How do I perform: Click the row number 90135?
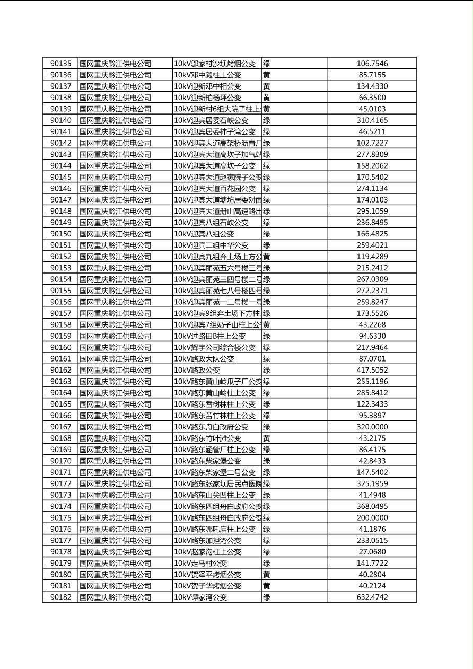tap(60, 64)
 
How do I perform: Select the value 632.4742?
tap(372, 597)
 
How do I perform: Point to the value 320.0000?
tap(372, 427)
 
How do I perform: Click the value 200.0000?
tap(372, 518)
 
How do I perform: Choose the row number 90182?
tap(60, 597)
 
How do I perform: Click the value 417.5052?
tap(372, 371)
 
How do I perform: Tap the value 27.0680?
tap(372, 552)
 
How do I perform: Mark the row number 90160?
tap(60, 348)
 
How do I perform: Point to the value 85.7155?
tap(372, 75)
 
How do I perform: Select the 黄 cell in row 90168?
tap(267, 438)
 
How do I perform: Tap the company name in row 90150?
tap(116, 234)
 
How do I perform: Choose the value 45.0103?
tap(372, 109)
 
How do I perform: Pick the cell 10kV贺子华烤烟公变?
tap(207, 586)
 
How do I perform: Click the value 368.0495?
tap(372, 507)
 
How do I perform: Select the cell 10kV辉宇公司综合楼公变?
tap(215, 348)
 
